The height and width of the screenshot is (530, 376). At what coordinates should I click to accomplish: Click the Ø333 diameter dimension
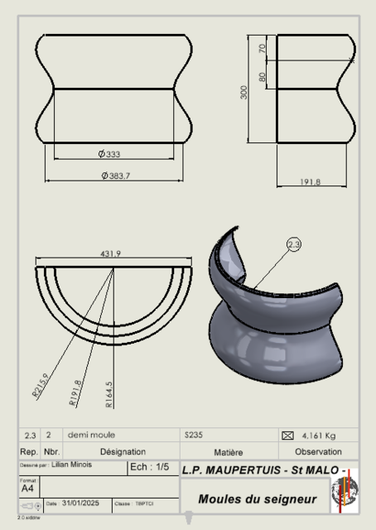point(109,154)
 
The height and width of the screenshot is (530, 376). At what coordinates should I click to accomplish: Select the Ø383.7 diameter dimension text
point(115,175)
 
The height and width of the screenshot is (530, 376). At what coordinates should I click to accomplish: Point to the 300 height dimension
point(244,91)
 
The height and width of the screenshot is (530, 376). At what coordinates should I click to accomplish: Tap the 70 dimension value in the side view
point(263,49)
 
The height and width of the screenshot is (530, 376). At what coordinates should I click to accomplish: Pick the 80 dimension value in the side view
point(263,77)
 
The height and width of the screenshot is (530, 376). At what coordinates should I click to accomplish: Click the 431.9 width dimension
point(111,253)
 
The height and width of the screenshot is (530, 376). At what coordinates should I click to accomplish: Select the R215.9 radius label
point(41,387)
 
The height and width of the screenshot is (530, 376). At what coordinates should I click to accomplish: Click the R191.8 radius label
point(75,392)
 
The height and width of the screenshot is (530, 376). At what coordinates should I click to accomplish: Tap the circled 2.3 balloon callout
point(294,244)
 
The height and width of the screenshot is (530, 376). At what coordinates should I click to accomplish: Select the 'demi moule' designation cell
point(91,435)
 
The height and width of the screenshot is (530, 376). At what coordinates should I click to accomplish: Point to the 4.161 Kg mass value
point(319,435)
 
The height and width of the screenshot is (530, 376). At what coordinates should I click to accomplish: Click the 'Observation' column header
point(317,451)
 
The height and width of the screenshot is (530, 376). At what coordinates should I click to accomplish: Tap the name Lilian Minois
point(73,465)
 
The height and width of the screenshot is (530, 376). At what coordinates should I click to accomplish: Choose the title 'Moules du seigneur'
point(257,499)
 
